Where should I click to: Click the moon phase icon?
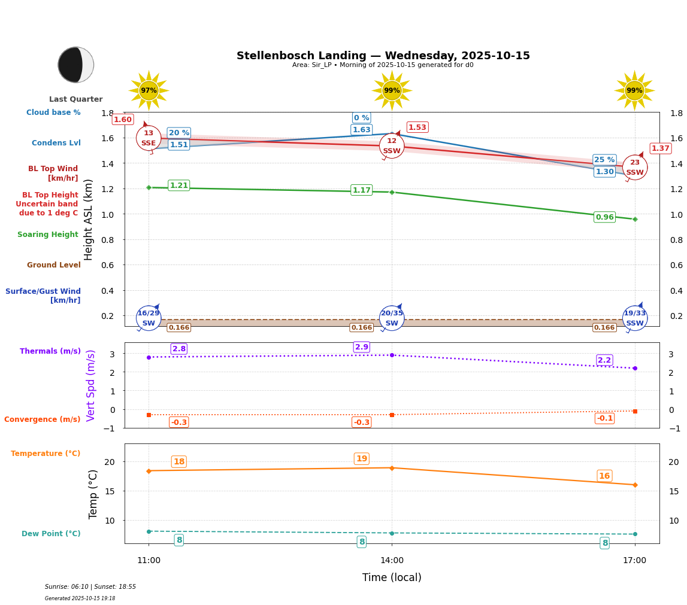pyautogui.click(x=76, y=65)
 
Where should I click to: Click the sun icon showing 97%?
pyautogui.click(x=149, y=90)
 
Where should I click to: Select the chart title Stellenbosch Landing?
pyautogui.click(x=383, y=56)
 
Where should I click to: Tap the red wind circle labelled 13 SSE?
pyautogui.click(x=149, y=138)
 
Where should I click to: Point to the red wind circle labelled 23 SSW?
pyautogui.click(x=635, y=168)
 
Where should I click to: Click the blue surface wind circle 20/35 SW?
pyautogui.click(x=392, y=318)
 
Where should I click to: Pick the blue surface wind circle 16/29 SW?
pyautogui.click(x=149, y=318)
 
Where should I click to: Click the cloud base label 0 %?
pyautogui.click(x=361, y=118)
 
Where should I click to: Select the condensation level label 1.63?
pyautogui.click(x=361, y=130)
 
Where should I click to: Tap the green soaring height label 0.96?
pyautogui.click(x=604, y=217)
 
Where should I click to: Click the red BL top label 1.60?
pyautogui.click(x=123, y=120)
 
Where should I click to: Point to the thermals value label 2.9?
pyautogui.click(x=362, y=347)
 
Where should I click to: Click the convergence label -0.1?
pyautogui.click(x=604, y=418)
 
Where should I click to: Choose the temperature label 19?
pyautogui.click(x=362, y=459)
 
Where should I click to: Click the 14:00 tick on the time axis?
pyautogui.click(x=392, y=560)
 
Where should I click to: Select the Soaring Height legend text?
pyautogui.click(x=48, y=235)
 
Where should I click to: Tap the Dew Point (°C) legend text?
pyautogui.click(x=51, y=533)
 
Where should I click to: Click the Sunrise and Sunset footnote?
pyautogui.click(x=90, y=587)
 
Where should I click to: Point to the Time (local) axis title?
pyautogui.click(x=392, y=577)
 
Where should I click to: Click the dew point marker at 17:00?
pyautogui.click(x=635, y=534)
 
